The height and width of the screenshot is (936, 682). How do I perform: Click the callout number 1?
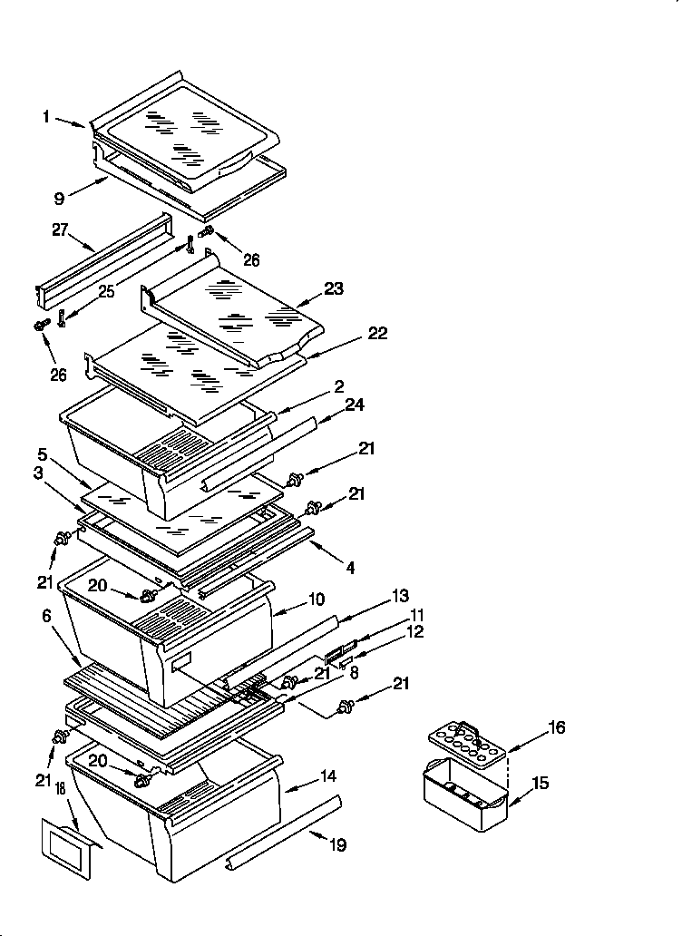pos(45,116)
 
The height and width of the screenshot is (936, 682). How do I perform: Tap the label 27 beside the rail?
pos(60,231)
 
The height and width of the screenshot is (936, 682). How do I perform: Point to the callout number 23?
pos(336,290)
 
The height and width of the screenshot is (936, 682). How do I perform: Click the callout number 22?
pos(377,333)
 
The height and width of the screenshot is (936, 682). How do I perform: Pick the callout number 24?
pos(355,405)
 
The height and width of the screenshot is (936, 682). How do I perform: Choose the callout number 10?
pos(317,600)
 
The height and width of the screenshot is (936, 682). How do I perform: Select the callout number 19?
pos(337,845)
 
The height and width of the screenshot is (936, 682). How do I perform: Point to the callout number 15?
pos(540,783)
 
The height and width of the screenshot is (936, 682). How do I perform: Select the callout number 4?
pos(349,568)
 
